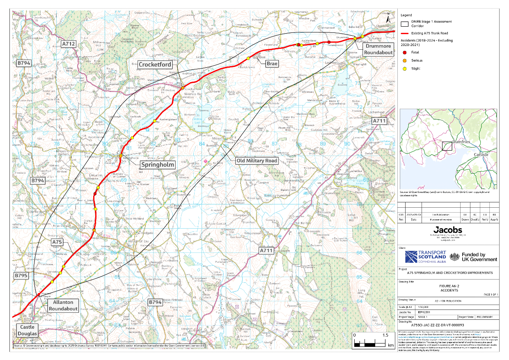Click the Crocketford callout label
click(155, 64)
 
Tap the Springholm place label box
click(158, 165)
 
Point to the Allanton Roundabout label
click(63, 306)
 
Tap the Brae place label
click(272, 64)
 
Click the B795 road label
click(21, 275)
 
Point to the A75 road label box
click(57, 243)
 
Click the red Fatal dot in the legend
click(404, 52)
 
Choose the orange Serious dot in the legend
click(404, 61)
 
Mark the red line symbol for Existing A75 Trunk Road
click(405, 33)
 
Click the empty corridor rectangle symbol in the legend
click(405, 23)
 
